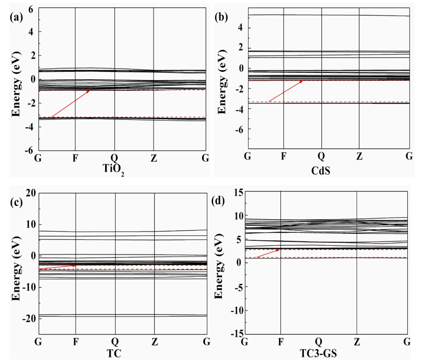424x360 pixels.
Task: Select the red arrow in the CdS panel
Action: coord(286,91)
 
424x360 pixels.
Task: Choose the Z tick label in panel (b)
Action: coord(359,155)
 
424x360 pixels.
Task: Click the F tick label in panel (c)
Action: coord(75,341)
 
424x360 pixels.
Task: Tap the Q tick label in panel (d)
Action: coord(318,341)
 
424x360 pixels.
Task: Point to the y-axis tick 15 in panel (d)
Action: coord(235,192)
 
